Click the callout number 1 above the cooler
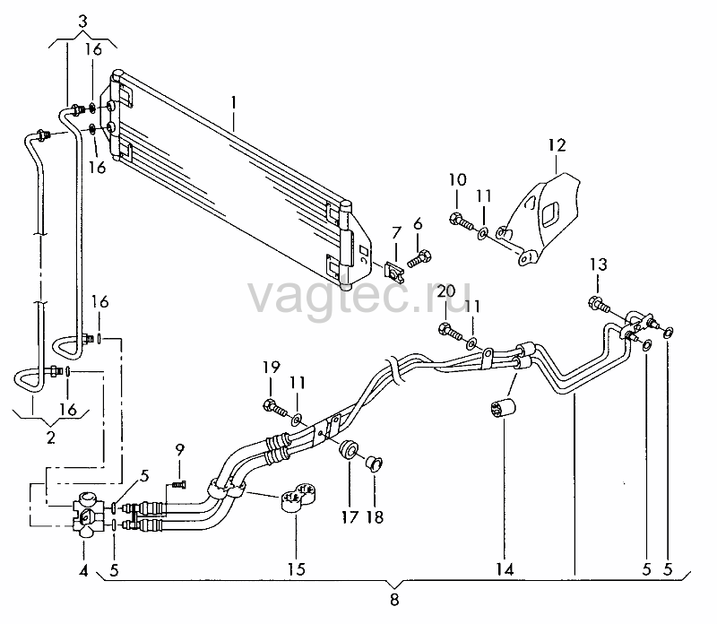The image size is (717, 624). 234,103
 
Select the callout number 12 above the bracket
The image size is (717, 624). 557,145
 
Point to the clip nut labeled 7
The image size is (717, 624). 394,272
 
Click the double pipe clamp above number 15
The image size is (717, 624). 297,498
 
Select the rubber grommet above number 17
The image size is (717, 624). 350,448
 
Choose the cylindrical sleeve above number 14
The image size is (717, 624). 502,408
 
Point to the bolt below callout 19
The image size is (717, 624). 274,407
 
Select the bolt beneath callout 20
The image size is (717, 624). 450,331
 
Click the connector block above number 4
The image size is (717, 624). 87,512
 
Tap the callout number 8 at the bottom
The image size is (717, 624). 394,599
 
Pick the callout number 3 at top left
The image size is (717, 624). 82,22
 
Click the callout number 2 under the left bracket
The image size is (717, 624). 51,438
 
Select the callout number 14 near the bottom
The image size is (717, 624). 505,569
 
